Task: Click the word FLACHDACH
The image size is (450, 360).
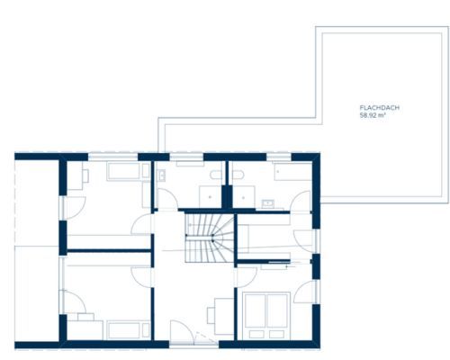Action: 380,108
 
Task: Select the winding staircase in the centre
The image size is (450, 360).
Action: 210,238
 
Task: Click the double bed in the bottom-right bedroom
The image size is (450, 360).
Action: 266,316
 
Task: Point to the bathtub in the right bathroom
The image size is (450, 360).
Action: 292,172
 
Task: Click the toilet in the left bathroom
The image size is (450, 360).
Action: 216,175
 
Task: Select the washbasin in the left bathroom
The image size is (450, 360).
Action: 162,175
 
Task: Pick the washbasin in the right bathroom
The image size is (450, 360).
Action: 267,204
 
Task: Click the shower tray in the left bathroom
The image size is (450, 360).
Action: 211,196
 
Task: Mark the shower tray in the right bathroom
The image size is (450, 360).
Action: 244,196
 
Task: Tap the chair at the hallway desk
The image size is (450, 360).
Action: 211,316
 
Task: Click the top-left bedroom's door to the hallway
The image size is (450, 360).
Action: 142,224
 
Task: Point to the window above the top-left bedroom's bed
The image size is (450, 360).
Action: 113,157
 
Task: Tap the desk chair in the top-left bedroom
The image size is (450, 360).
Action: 85,175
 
